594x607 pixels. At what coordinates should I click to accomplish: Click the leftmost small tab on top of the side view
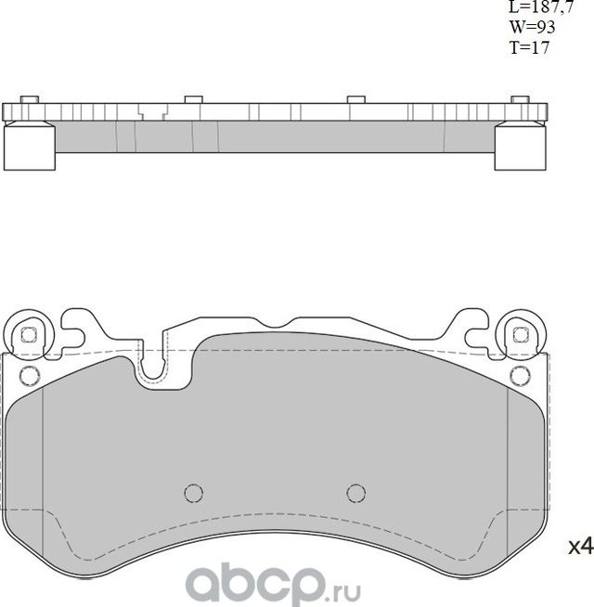point(28,99)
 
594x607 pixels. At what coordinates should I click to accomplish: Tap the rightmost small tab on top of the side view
point(519,99)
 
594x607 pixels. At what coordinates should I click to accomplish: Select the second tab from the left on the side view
point(193,99)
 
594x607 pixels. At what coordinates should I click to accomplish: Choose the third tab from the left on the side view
point(355,99)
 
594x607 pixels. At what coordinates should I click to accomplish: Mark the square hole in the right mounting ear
point(519,335)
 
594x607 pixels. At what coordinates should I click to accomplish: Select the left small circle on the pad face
point(193,492)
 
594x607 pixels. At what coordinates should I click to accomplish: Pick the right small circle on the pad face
point(355,492)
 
